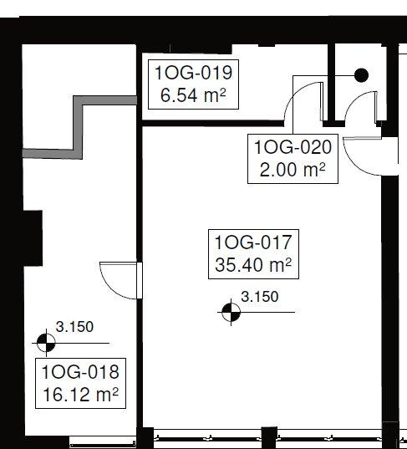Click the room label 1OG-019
(x=192, y=73)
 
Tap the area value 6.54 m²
(x=192, y=95)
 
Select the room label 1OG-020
(x=293, y=148)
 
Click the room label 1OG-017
(x=252, y=244)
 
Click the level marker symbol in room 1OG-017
(x=231, y=313)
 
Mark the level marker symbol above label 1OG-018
(x=47, y=342)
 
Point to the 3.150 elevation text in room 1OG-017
(x=259, y=296)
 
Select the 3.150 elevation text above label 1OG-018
(x=75, y=327)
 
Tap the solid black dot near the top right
(x=361, y=75)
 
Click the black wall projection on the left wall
(x=33, y=236)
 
